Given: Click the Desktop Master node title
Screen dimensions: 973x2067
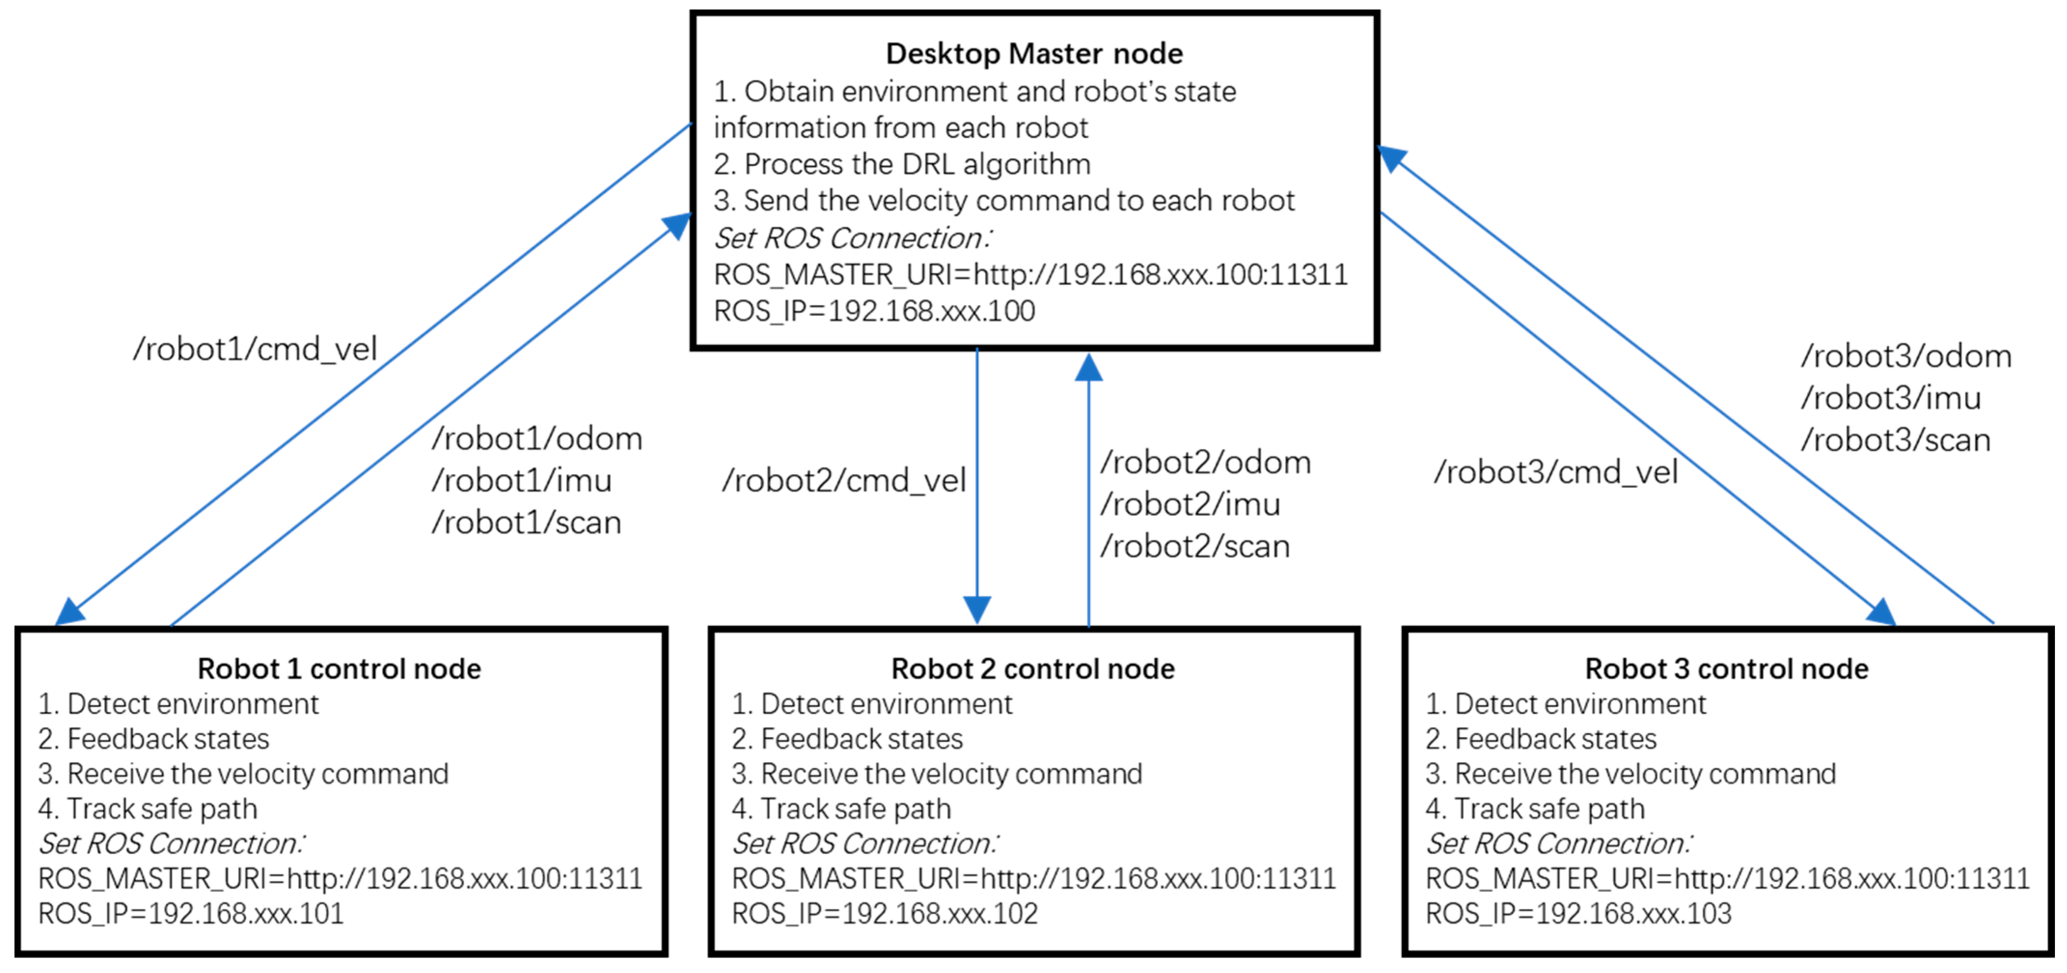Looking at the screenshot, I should click(x=1033, y=54).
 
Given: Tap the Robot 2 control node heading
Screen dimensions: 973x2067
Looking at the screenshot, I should click(x=1033, y=669).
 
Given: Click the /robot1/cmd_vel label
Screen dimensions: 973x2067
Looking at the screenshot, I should click(x=254, y=349).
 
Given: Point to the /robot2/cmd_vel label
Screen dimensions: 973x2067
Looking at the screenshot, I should click(x=843, y=481).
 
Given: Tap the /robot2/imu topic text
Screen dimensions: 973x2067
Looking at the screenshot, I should click(x=1189, y=505).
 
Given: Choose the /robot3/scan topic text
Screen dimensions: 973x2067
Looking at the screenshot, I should click(x=1895, y=441).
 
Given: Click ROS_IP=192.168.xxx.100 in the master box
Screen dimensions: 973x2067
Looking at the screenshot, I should click(x=874, y=311).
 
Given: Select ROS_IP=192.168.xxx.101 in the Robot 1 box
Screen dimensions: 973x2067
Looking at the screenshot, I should click(x=191, y=914).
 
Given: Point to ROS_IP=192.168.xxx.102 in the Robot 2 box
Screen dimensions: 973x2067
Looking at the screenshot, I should click(x=884, y=914).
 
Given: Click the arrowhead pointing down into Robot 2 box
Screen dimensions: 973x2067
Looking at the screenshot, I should click(x=977, y=610).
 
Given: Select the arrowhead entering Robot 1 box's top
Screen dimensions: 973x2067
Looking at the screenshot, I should click(x=70, y=611).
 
